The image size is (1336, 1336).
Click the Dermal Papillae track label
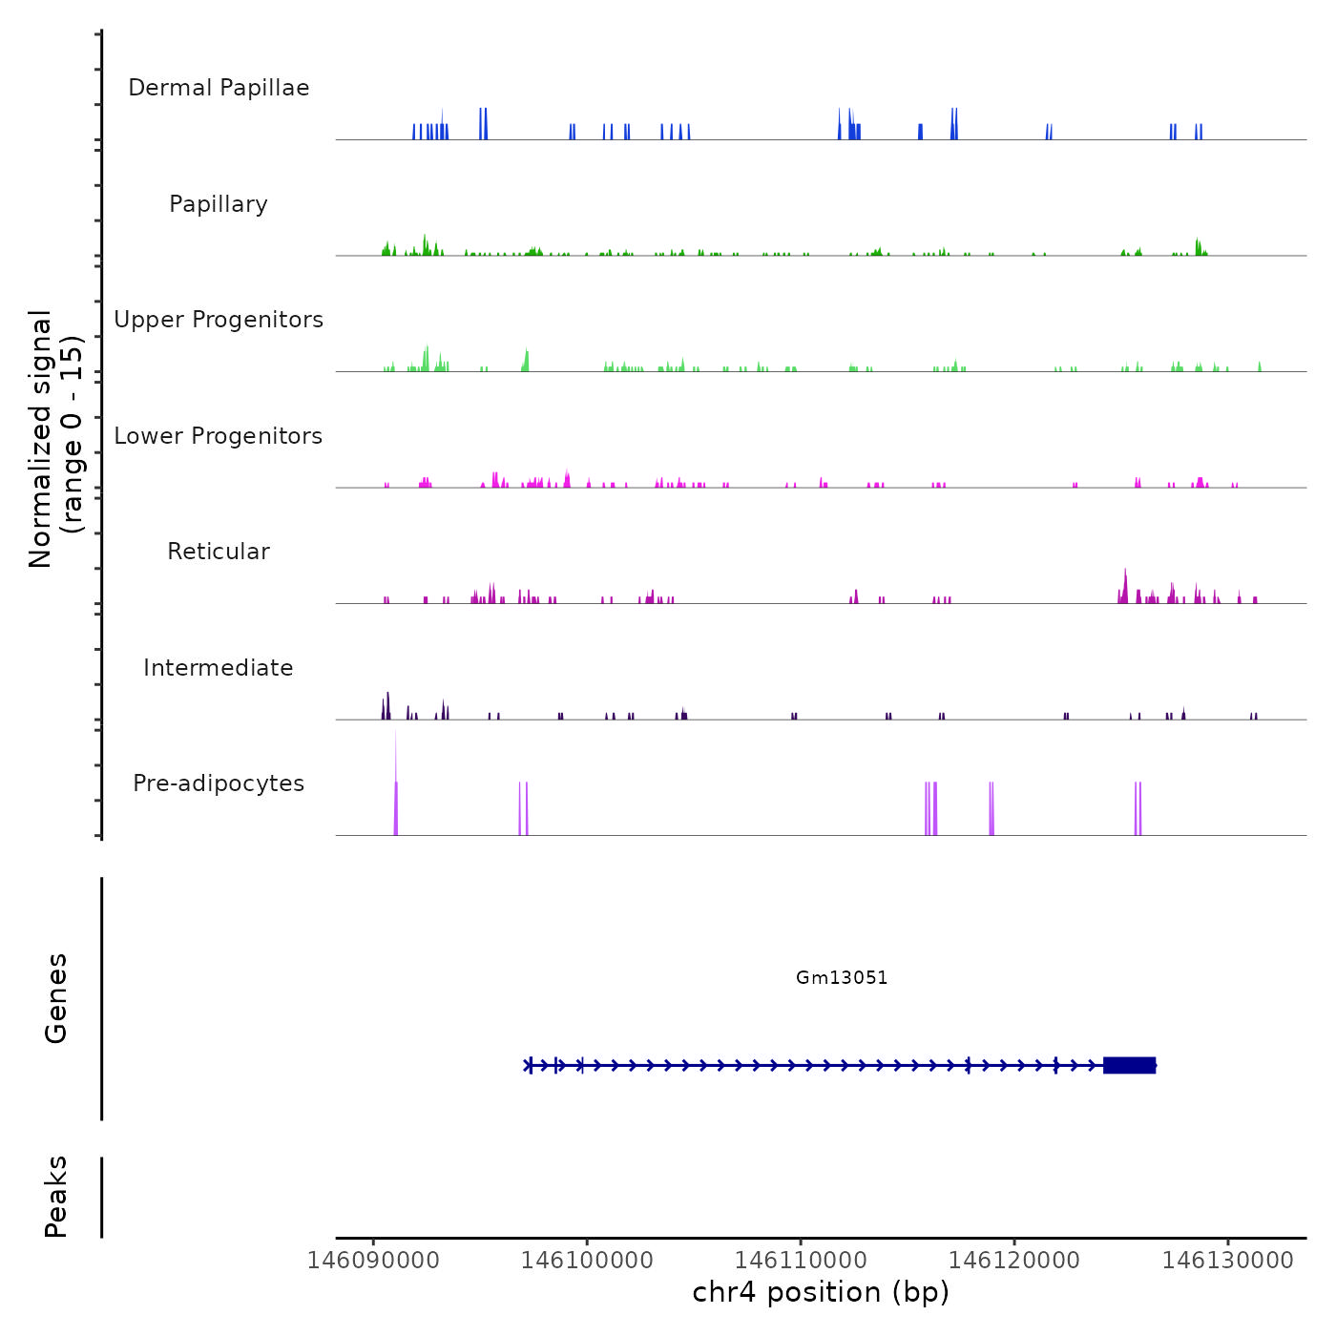click(219, 88)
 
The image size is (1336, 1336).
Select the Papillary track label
click(219, 204)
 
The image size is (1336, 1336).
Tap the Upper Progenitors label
click(219, 320)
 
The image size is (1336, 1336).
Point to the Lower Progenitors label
click(219, 436)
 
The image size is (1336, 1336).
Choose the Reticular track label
click(219, 552)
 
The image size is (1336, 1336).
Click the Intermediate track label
click(219, 668)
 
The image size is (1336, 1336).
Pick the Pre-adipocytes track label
click(219, 783)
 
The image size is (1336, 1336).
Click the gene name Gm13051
click(842, 977)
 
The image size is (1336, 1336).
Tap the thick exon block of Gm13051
click(1130, 1065)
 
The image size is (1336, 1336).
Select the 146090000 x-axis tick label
click(373, 1260)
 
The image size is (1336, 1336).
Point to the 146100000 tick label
click(587, 1260)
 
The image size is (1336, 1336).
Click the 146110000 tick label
click(801, 1260)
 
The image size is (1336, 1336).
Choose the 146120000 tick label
click(1014, 1260)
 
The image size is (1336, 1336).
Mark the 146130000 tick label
click(1228, 1260)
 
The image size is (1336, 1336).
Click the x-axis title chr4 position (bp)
click(821, 1292)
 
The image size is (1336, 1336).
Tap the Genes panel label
click(56, 998)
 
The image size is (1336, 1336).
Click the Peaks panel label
click(56, 1197)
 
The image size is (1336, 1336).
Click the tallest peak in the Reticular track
click(1125, 578)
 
